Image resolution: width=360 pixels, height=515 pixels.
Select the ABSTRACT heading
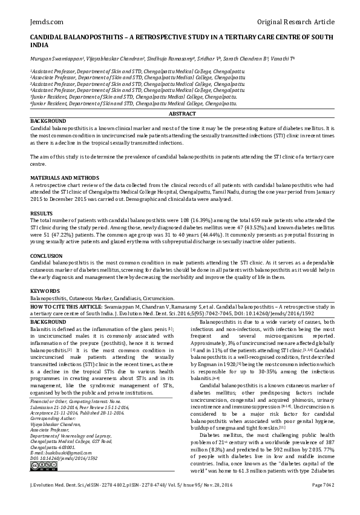[x=182, y=114]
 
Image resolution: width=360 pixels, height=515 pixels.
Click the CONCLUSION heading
[x=46, y=257]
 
